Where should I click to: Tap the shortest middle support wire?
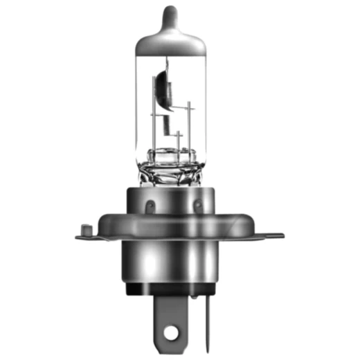click(x=178, y=142)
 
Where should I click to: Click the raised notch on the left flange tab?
click(x=85, y=228)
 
